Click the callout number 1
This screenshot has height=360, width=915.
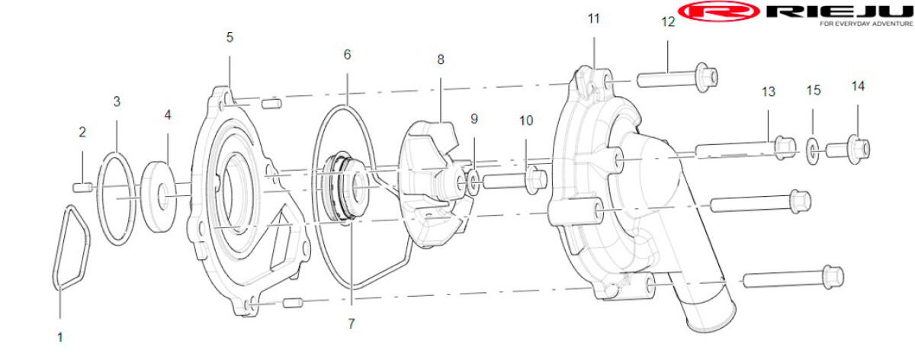pos(60,338)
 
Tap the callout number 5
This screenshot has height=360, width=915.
pos(230,37)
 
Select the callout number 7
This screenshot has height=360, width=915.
pos(352,324)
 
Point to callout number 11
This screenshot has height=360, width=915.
pos(593,19)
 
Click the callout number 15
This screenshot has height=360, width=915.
pos(814,90)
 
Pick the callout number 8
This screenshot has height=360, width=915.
pos(441,59)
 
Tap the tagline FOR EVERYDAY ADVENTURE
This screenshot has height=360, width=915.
pos(866,24)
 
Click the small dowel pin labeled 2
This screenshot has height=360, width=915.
pos(83,188)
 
